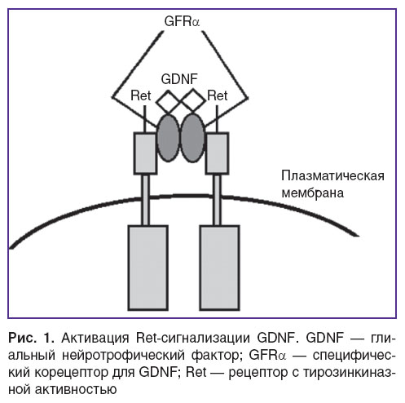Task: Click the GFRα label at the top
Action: coord(182,21)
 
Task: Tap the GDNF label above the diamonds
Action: coord(179,79)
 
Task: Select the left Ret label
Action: coord(141,95)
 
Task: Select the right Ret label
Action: coord(218,95)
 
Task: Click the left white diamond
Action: coord(169,102)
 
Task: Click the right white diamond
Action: coord(193,101)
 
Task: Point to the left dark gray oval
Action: coord(169,138)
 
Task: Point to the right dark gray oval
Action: coord(192,138)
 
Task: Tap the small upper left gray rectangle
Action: coord(145,153)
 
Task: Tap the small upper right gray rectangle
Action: coord(217,153)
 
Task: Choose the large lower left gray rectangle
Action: coord(148,268)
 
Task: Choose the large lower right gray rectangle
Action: coord(219,268)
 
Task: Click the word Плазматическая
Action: coord(332,176)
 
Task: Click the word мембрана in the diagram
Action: coord(313,193)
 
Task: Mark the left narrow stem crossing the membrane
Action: coord(146,200)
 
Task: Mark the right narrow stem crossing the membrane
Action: coord(217,200)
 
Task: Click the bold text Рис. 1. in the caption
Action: coord(32,338)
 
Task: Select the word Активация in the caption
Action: coord(95,338)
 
